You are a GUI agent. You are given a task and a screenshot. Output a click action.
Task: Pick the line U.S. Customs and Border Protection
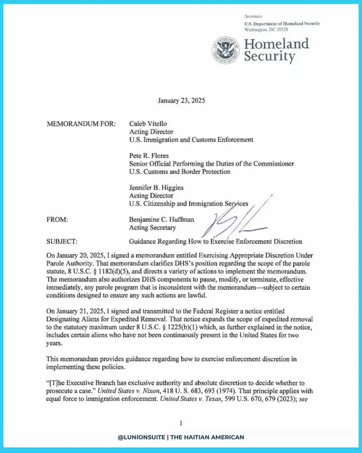pos(184,171)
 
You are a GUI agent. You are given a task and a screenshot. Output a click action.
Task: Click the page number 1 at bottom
pos(180,423)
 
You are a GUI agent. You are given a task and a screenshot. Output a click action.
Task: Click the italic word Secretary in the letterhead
pos(254,18)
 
